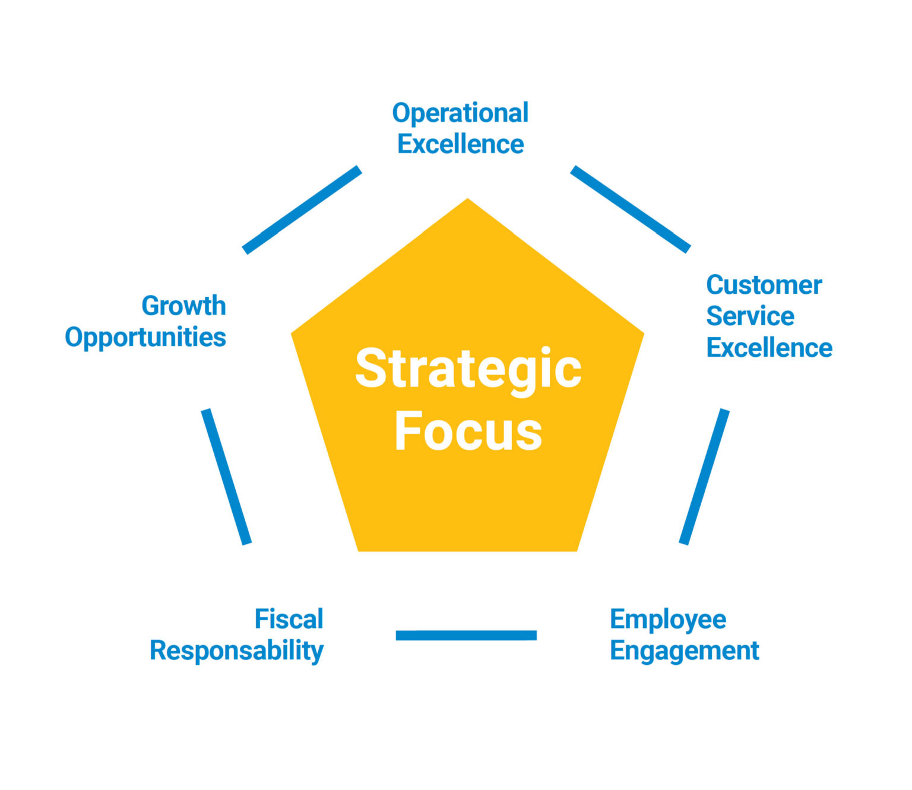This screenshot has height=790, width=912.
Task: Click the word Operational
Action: (460, 113)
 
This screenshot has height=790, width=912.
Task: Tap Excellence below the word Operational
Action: (460, 144)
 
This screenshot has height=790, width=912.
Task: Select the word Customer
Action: (764, 285)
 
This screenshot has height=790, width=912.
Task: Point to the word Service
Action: (750, 316)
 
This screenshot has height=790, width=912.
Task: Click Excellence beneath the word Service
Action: (769, 348)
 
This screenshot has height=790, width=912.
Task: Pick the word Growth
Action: (183, 306)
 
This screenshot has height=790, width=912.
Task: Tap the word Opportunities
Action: (145, 337)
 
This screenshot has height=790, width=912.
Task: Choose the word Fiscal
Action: (289, 619)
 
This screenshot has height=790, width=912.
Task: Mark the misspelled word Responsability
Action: (236, 651)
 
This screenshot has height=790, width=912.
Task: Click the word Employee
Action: (668, 620)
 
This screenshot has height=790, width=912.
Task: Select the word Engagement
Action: (684, 651)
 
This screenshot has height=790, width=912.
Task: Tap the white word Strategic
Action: (468, 369)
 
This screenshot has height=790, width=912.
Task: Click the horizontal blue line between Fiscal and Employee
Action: (466, 636)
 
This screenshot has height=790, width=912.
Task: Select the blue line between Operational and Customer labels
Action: (630, 209)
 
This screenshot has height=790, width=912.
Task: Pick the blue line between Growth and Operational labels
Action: (302, 210)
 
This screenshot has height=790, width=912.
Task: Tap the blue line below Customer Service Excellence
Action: (704, 476)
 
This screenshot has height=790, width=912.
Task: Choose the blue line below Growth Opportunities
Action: (226, 476)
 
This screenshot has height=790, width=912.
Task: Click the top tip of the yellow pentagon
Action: (468, 202)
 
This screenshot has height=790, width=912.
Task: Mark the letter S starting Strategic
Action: (371, 369)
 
